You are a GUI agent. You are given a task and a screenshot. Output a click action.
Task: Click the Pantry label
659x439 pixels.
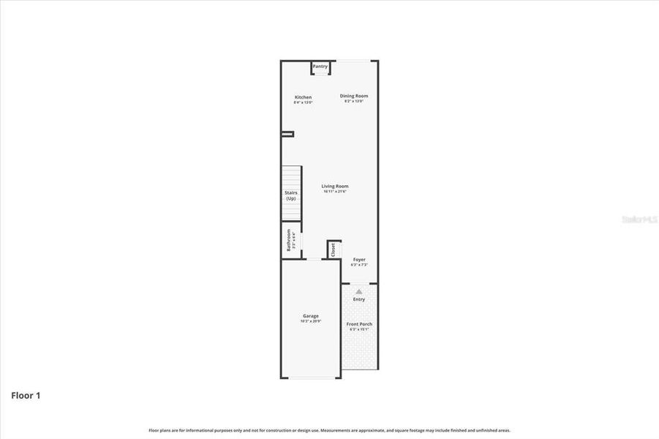(x=320, y=67)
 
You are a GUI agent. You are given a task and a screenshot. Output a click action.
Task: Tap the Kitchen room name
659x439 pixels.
(x=303, y=97)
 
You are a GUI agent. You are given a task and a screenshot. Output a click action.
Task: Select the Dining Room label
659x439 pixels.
(x=354, y=96)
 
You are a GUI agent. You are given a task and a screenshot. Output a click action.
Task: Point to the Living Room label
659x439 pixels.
(x=335, y=187)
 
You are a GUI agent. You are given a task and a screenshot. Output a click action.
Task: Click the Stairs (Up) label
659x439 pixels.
(x=291, y=195)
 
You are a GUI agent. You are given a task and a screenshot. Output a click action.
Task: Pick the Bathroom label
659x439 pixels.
(x=288, y=239)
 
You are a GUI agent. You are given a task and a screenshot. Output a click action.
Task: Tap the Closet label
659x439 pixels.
(x=333, y=249)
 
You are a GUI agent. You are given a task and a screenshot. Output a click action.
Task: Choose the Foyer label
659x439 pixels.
(x=359, y=260)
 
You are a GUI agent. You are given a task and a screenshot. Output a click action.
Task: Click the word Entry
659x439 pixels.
(x=359, y=299)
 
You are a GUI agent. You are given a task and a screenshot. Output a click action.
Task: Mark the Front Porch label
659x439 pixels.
(x=359, y=324)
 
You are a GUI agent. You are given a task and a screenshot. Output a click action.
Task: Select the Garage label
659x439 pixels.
(x=311, y=316)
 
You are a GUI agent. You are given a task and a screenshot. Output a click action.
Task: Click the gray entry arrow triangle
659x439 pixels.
(x=359, y=291)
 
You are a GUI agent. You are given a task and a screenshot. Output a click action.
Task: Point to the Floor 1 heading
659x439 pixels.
(x=26, y=396)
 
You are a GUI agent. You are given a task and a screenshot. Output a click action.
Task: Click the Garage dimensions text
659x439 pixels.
(x=311, y=321)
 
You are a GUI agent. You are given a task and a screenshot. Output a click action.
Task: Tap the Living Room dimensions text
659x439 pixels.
(x=335, y=192)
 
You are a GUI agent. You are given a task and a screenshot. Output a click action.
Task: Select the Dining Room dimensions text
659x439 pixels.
(x=354, y=101)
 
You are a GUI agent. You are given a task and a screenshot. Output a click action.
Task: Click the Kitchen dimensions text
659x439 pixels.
(x=303, y=102)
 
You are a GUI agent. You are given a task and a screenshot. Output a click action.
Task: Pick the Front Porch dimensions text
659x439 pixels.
(x=359, y=329)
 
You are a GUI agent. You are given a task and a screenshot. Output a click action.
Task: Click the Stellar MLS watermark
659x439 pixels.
(x=638, y=219)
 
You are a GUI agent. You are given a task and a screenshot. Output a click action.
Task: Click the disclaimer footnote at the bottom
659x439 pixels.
(x=329, y=430)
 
